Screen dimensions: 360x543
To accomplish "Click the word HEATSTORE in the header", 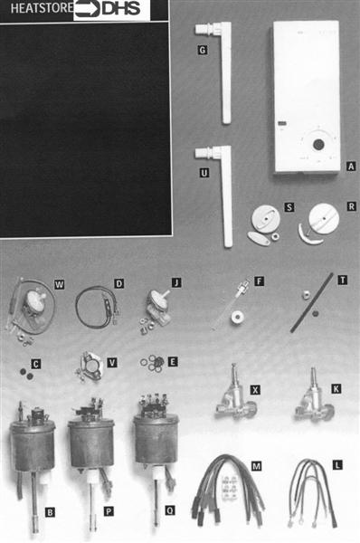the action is coord(42,8).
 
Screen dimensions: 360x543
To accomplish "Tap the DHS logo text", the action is coord(121,9).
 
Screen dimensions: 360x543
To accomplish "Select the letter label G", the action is coord(203,50).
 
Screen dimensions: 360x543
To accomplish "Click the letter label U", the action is coord(204,173).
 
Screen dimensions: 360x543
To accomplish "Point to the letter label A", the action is coord(351,167).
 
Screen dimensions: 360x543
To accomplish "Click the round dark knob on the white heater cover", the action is coord(318,144).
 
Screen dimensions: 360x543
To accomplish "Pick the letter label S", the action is coord(289,207).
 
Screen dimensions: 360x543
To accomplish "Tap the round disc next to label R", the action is coord(324,218).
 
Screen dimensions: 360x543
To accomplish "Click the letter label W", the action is coord(59,285).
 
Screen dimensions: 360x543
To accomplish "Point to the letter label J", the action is coord(176,283).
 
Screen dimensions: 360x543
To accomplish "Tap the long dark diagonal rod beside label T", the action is coord(311,302).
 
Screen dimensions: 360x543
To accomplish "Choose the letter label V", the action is coord(112,363).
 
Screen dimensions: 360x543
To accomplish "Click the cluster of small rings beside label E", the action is coord(154,363).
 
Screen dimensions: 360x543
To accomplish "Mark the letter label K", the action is coord(336,389).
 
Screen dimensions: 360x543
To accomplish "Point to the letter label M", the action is coord(256,466).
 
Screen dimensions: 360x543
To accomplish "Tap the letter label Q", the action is coord(170,510).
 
